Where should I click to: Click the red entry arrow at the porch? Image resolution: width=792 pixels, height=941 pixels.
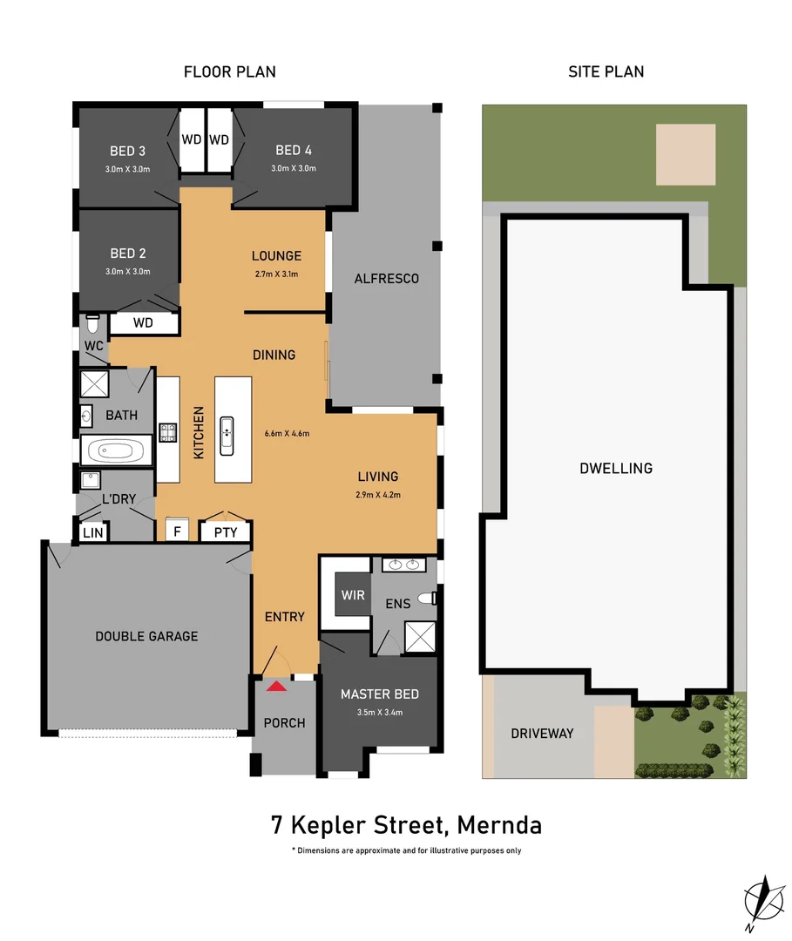(x=276, y=687)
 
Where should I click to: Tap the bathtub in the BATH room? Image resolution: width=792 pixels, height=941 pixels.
(x=115, y=451)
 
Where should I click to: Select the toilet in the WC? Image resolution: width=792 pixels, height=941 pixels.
(x=93, y=324)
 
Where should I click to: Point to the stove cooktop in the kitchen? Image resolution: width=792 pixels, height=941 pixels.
(x=167, y=431)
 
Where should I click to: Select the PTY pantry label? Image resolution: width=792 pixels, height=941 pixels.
(x=226, y=532)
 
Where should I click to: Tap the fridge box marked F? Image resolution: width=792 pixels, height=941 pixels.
(x=178, y=530)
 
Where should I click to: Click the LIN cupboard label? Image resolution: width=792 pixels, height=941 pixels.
(x=92, y=532)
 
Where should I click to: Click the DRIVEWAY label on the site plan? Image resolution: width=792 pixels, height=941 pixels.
(x=542, y=733)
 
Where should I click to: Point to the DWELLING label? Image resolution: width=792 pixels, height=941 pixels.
(x=615, y=468)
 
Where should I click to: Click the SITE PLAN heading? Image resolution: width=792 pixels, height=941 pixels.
(x=606, y=71)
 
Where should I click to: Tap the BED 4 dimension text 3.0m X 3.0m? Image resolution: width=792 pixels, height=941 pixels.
(x=293, y=169)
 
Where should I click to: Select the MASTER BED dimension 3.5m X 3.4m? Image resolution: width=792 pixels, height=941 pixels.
(x=379, y=712)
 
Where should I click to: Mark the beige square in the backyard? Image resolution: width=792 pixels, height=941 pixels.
(x=685, y=154)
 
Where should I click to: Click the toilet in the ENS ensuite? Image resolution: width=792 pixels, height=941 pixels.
(x=427, y=599)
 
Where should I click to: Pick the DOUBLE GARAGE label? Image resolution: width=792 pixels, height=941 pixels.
(x=146, y=636)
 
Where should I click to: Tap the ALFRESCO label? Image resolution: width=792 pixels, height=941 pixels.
(x=386, y=279)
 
